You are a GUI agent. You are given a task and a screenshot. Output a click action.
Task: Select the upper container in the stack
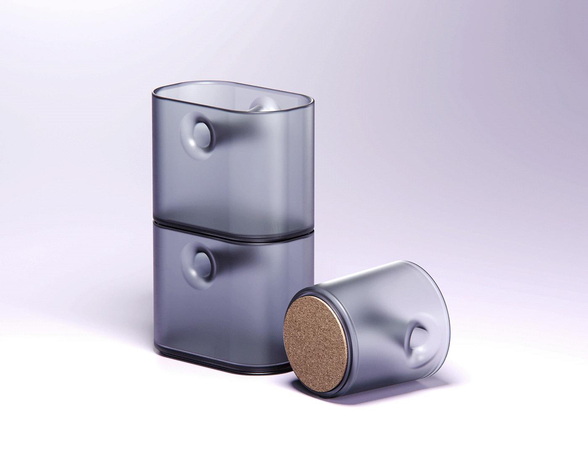[x=235, y=168]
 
